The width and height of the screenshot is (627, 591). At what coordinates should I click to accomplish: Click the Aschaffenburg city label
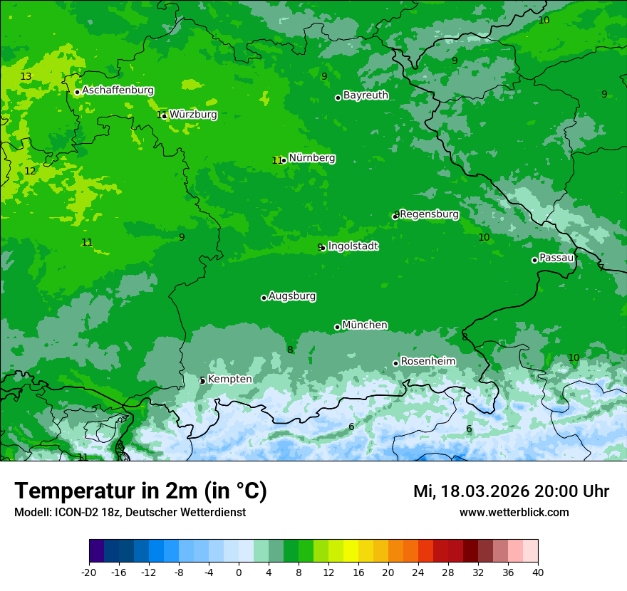(x=118, y=90)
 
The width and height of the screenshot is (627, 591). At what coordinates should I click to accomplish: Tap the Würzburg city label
(x=193, y=114)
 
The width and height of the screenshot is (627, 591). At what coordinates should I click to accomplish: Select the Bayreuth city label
(x=366, y=95)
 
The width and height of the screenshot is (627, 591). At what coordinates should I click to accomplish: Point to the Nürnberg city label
(x=311, y=158)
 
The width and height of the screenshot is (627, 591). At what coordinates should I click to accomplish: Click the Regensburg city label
(x=429, y=214)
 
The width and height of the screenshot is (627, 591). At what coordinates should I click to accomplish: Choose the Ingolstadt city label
(x=353, y=246)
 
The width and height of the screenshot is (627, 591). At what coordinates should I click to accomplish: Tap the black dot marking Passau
(x=534, y=260)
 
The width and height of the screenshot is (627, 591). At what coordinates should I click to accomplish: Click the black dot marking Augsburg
(x=264, y=298)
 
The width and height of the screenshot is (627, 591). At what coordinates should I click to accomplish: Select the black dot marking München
(x=337, y=327)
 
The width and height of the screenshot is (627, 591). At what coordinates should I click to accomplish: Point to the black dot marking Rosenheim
(x=395, y=363)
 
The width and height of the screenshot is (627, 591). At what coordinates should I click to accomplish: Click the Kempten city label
(x=229, y=379)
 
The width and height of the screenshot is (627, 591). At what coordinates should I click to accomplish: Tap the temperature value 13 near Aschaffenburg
(x=26, y=76)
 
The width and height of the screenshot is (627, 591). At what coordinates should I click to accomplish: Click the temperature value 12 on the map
(x=30, y=171)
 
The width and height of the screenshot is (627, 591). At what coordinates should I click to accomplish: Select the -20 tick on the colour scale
(x=89, y=572)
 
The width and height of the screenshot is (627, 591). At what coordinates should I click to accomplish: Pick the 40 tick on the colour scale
(x=538, y=572)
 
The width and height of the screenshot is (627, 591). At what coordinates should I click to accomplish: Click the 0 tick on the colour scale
(x=239, y=572)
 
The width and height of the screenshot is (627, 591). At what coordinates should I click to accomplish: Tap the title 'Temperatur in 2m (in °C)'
(x=140, y=491)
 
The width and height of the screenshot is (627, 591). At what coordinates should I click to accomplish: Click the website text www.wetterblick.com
(x=514, y=512)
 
